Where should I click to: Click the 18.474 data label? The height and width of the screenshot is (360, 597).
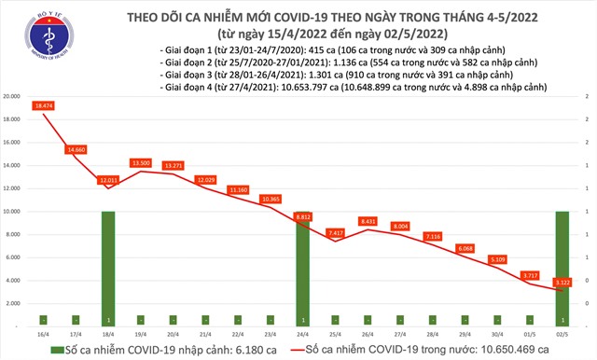point(44,109)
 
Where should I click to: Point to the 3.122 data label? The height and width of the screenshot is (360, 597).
point(562,282)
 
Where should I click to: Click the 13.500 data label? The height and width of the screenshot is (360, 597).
point(141,162)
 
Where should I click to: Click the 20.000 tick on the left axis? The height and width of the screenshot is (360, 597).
point(13,97)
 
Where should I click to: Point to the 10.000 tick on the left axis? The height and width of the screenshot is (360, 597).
point(13,212)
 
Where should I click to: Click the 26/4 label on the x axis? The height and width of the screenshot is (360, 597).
point(368,333)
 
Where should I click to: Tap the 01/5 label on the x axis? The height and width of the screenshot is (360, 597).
point(528,333)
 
